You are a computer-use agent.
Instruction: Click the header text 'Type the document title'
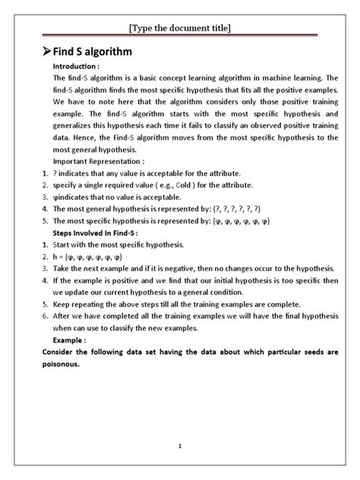pyautogui.click(x=180, y=28)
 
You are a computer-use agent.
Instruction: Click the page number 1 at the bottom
pyautogui.click(x=180, y=446)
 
